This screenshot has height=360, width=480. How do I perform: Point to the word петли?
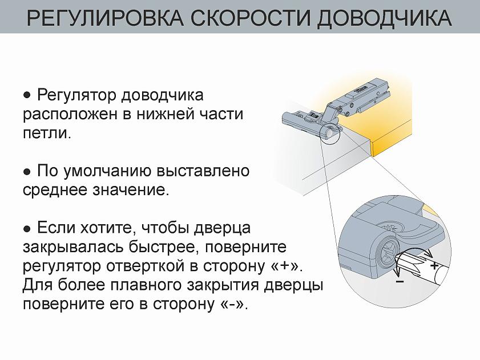47,134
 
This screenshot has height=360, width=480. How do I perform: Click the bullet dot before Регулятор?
26,94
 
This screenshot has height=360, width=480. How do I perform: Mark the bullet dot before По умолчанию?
26,171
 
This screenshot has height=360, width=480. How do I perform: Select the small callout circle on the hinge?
331,132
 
